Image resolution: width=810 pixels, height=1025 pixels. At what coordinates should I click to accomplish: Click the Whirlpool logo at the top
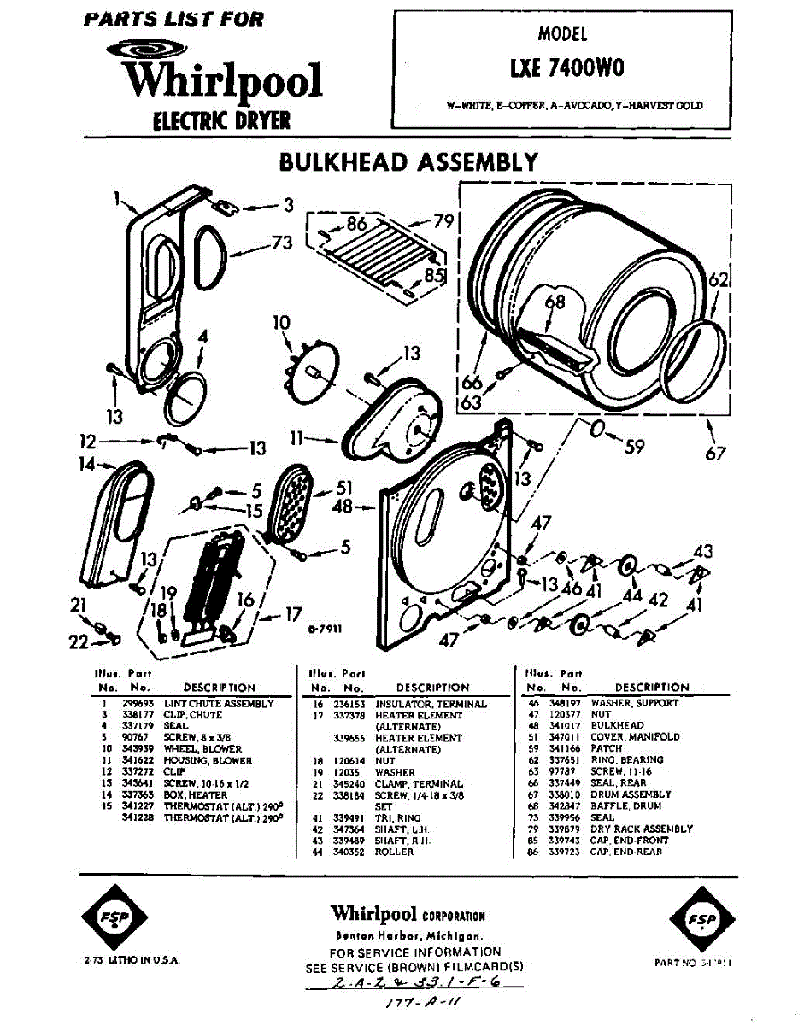pyautogui.click(x=220, y=77)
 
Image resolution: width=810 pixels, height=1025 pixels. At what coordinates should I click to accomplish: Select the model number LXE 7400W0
pyautogui.click(x=561, y=67)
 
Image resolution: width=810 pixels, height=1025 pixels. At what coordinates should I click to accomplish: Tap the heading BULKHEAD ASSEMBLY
pyautogui.click(x=409, y=161)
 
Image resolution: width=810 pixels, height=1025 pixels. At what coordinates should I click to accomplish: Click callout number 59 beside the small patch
pyautogui.click(x=633, y=445)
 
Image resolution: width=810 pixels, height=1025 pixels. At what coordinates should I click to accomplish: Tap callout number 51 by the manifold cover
pyautogui.click(x=343, y=488)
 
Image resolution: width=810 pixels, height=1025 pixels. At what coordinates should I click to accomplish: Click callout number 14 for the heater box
pyautogui.click(x=85, y=466)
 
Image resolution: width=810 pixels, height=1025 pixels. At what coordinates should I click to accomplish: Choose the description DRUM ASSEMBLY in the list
pyautogui.click(x=631, y=794)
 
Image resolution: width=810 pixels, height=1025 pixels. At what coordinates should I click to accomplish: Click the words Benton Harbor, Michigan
pyautogui.click(x=409, y=935)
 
